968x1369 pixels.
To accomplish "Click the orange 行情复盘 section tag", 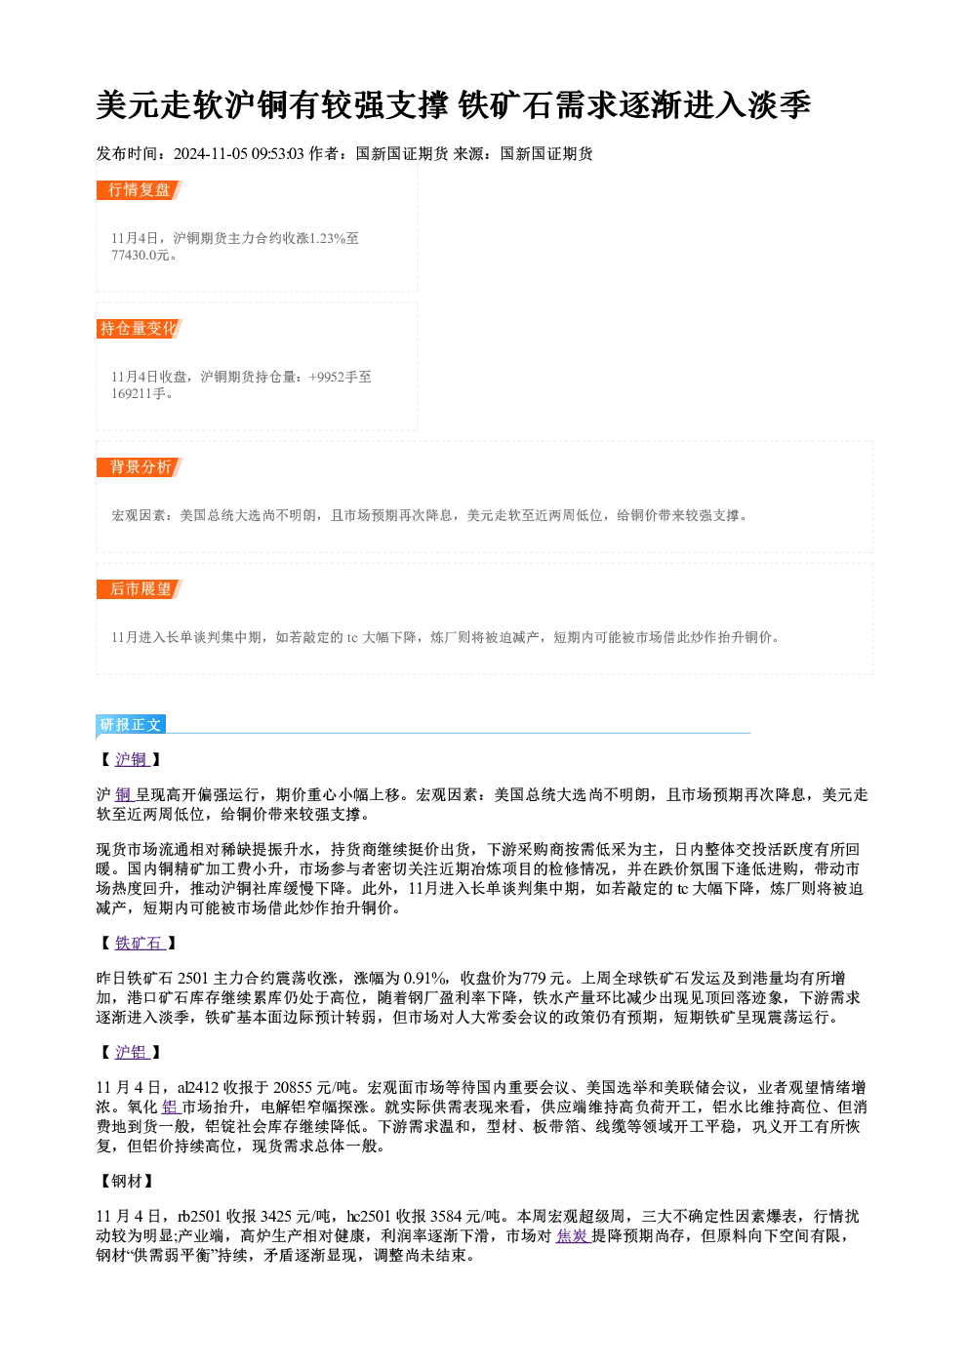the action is pyautogui.click(x=140, y=190).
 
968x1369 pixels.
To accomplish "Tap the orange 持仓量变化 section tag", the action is pyautogui.click(x=140, y=329).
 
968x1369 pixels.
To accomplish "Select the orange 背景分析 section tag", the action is pyautogui.click(x=140, y=467).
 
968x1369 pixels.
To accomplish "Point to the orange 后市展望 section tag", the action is pyautogui.click(x=140, y=589).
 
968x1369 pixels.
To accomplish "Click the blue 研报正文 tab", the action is pyautogui.click(x=131, y=725).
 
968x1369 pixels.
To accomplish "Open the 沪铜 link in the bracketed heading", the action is pyautogui.click(x=132, y=760).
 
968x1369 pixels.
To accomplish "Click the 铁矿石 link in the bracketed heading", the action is pyautogui.click(x=140, y=943).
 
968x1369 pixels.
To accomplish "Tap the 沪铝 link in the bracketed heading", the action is pyautogui.click(x=132, y=1052).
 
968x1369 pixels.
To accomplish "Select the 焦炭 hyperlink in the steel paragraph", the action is pyautogui.click(x=573, y=1235).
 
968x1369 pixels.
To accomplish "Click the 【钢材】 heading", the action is pyautogui.click(x=127, y=1181).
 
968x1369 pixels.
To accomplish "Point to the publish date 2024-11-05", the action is pyautogui.click(x=211, y=154).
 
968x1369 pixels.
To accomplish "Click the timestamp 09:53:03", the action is pyautogui.click(x=278, y=154).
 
